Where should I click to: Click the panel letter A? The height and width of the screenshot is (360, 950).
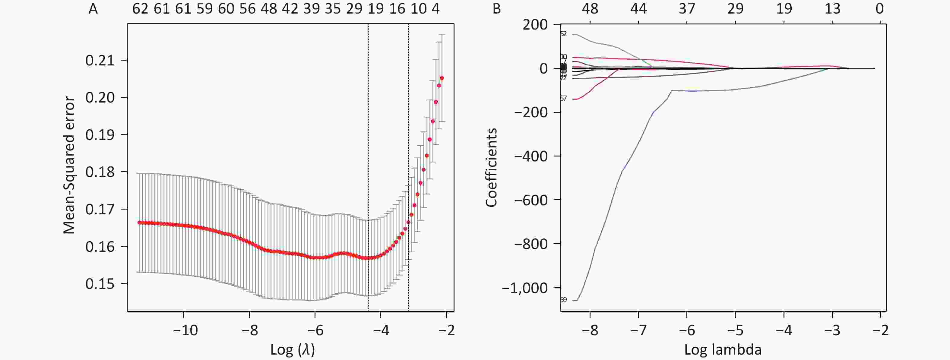[x=93, y=8]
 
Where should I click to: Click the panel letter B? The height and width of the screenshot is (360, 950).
[x=496, y=8]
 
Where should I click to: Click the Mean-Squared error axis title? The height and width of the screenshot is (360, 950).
[x=69, y=166]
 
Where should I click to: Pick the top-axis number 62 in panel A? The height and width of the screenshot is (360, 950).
[x=140, y=8]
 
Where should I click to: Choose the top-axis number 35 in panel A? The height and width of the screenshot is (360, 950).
[x=333, y=8]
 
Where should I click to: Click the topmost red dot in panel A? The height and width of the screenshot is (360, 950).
[x=442, y=78]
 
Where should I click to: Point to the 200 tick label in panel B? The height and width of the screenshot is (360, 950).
[x=535, y=25]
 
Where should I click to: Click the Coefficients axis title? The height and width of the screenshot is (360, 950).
[x=491, y=167]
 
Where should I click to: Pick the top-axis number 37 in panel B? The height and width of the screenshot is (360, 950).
[x=687, y=8]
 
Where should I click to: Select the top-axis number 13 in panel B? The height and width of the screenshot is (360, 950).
[x=832, y=8]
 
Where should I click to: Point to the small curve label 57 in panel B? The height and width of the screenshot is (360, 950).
[x=563, y=99]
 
